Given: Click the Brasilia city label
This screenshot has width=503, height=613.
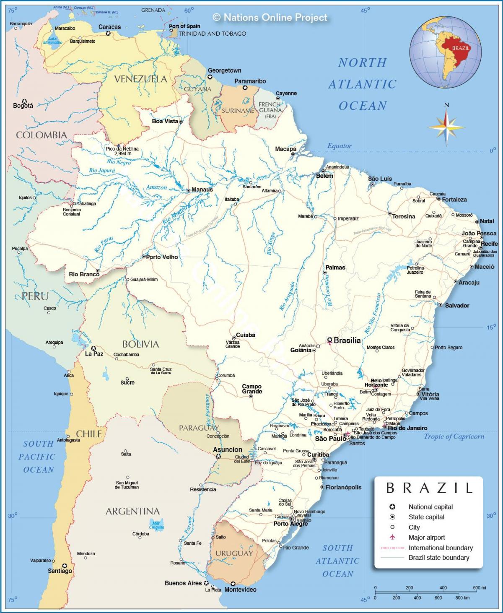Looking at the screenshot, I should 347,340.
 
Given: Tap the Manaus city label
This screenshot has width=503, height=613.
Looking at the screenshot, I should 202,190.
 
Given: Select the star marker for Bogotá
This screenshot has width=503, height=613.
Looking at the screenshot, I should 24,101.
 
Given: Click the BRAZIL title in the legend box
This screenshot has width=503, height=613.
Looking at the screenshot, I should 429,488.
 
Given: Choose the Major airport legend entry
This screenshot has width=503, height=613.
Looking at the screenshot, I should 427,538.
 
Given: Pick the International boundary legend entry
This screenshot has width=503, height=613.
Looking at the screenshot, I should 440,548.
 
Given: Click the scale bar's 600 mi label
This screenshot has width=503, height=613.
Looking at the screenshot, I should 480,588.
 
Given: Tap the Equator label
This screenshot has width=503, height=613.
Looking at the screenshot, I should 339,146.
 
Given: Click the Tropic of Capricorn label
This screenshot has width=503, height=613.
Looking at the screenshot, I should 454,436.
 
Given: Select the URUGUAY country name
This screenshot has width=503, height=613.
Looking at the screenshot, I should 234,553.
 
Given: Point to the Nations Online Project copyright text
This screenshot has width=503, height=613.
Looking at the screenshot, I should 270,17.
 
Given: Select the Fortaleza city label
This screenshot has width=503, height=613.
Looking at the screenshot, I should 454,200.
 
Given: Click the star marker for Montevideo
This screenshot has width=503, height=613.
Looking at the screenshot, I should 233,583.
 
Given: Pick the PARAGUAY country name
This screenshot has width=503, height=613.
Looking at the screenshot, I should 199,428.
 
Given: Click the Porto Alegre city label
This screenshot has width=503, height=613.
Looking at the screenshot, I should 290,524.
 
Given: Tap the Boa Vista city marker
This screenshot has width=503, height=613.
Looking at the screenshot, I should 181,122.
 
